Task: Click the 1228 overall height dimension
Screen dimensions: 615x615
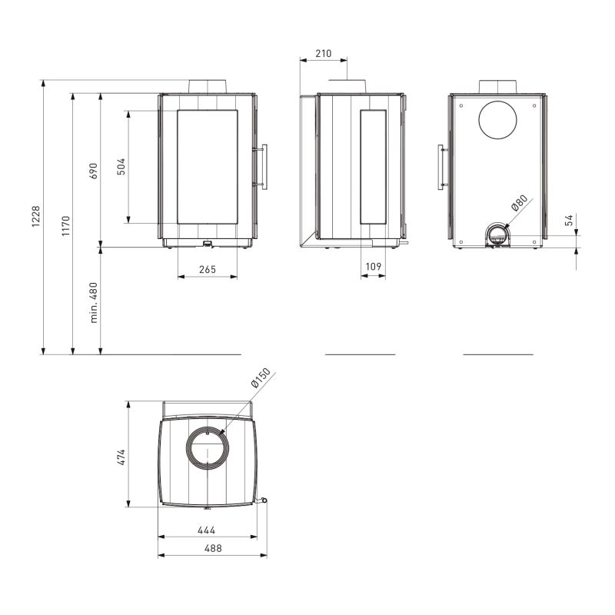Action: pyautogui.click(x=35, y=216)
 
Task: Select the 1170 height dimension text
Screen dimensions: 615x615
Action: pyautogui.click(x=65, y=225)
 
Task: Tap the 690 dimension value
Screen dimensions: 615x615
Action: pyautogui.click(x=93, y=171)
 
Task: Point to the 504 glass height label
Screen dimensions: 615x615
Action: pyautogui.click(x=121, y=166)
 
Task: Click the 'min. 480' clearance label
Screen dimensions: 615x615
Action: pyautogui.click(x=93, y=302)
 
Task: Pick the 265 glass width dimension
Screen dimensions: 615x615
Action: pyautogui.click(x=208, y=270)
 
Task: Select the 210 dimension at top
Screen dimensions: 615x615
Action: pyautogui.click(x=323, y=53)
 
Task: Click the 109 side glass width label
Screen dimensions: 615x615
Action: pyautogui.click(x=373, y=267)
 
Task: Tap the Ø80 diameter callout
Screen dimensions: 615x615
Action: pyautogui.click(x=520, y=203)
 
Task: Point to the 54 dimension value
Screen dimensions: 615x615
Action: pyautogui.click(x=569, y=220)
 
